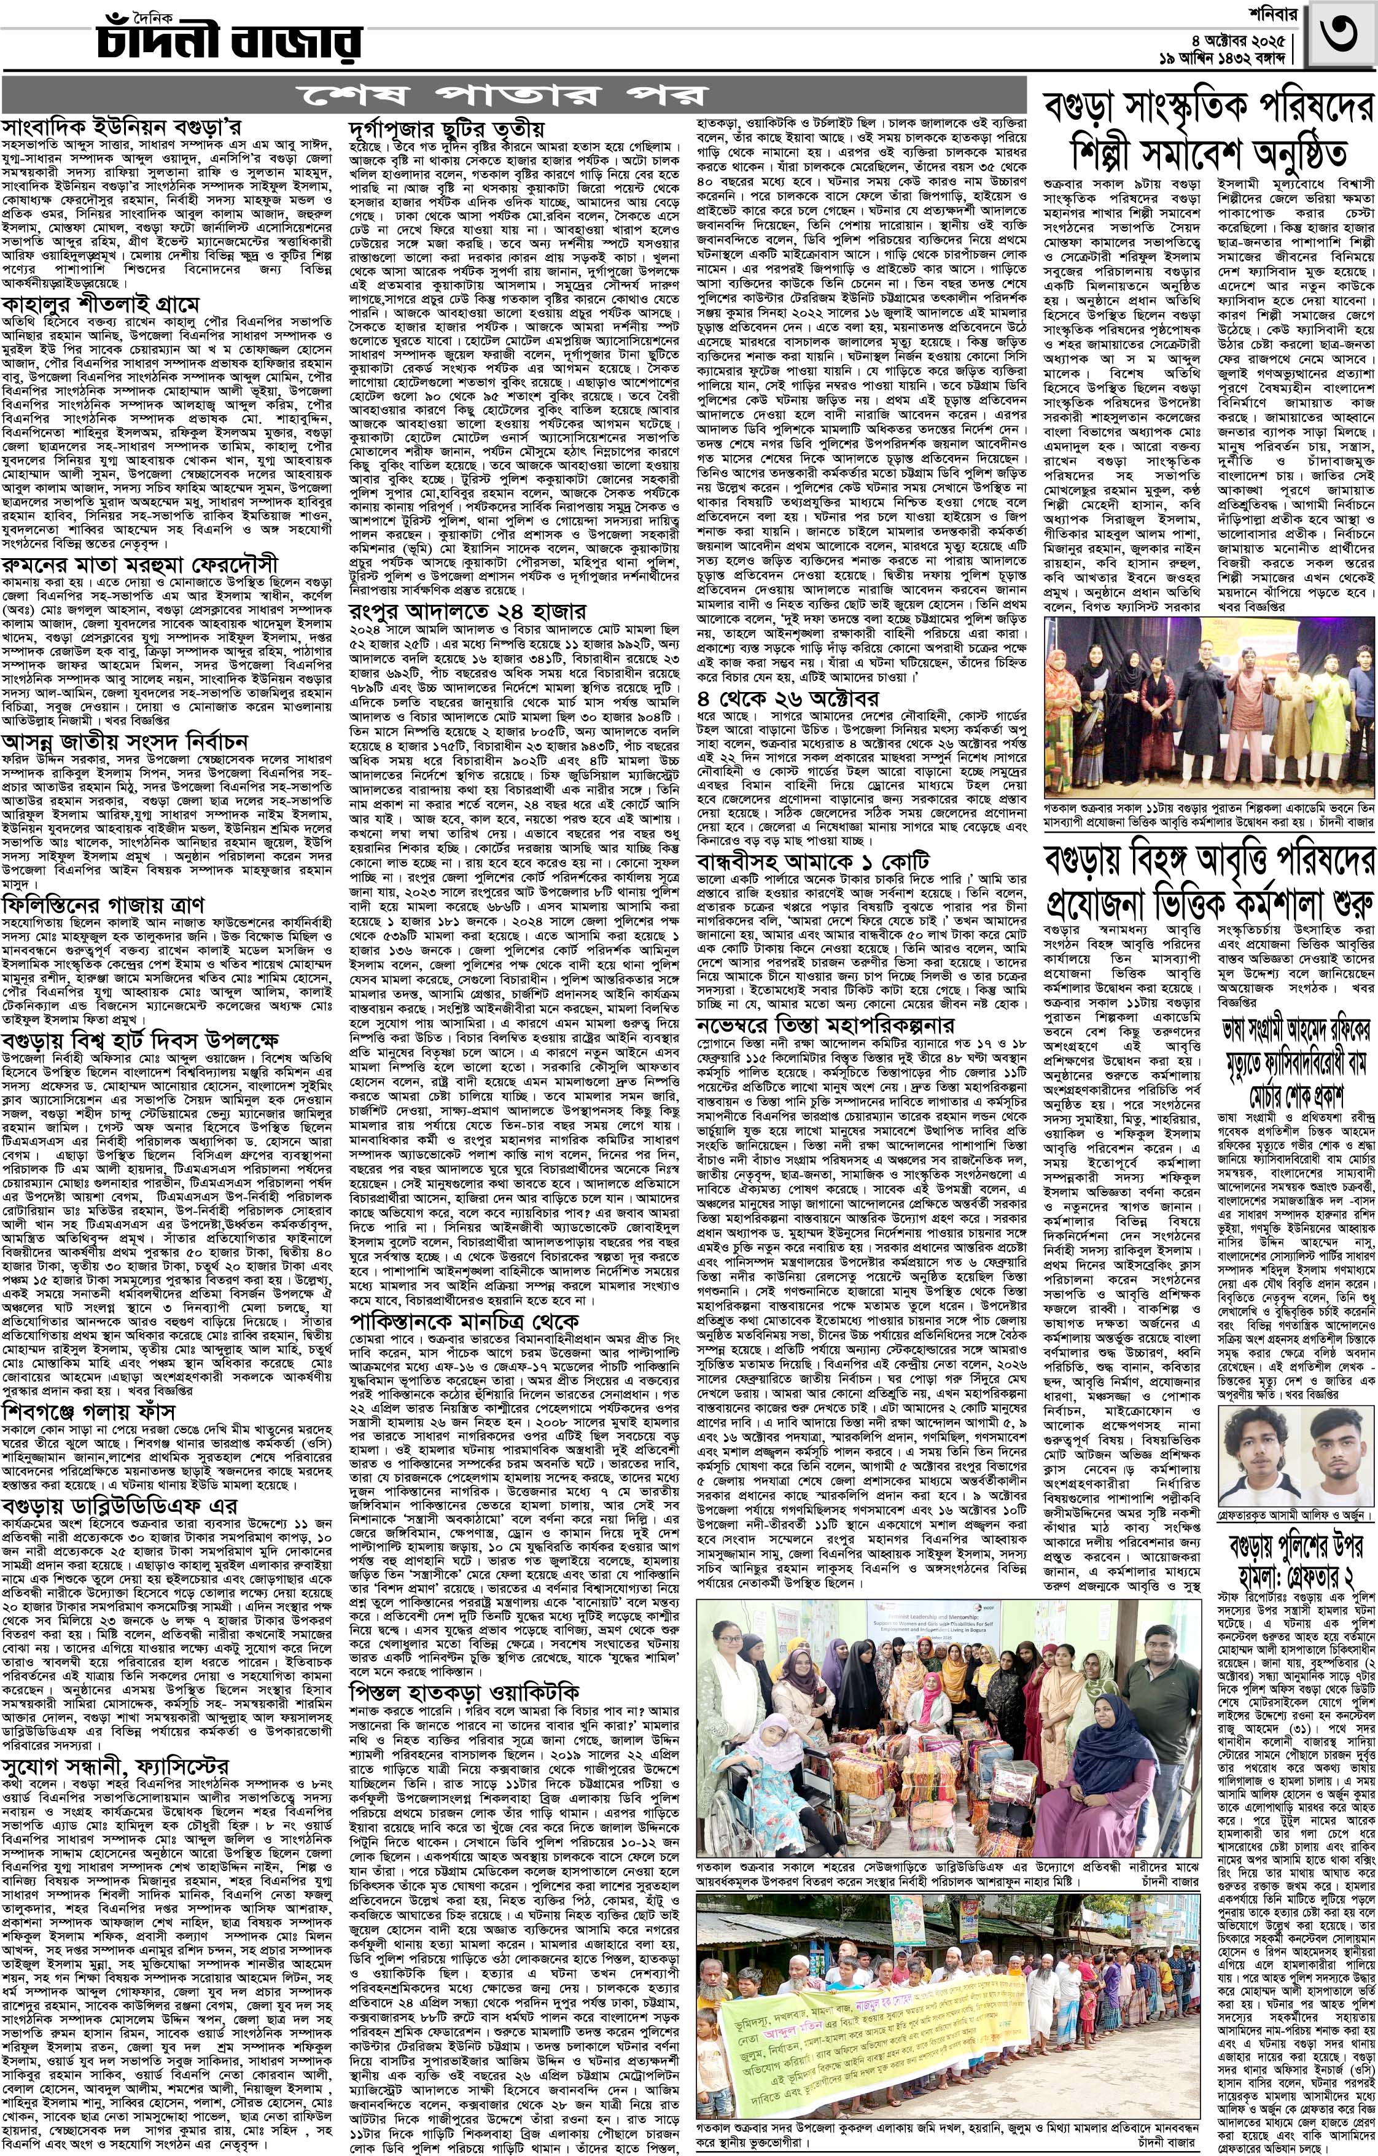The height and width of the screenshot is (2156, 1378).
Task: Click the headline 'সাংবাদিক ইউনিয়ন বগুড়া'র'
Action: (121, 126)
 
